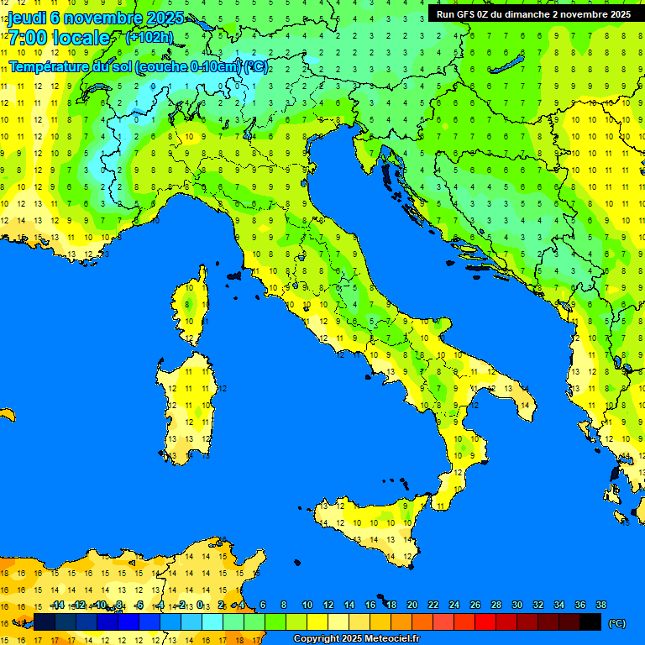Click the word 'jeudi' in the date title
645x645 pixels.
click(x=27, y=18)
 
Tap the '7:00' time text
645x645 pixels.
click(x=29, y=38)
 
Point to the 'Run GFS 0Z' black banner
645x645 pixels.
click(x=533, y=14)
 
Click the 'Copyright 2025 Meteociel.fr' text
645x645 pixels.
click(x=356, y=639)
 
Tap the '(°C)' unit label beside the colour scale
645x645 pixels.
click(x=616, y=623)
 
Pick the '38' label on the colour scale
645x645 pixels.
click(x=601, y=605)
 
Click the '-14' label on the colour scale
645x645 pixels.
click(x=57, y=605)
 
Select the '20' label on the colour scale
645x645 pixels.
click(x=412, y=605)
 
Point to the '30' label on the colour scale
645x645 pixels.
click(x=517, y=605)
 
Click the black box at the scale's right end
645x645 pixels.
click(x=590, y=622)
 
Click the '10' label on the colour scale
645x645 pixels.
click(x=307, y=605)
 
